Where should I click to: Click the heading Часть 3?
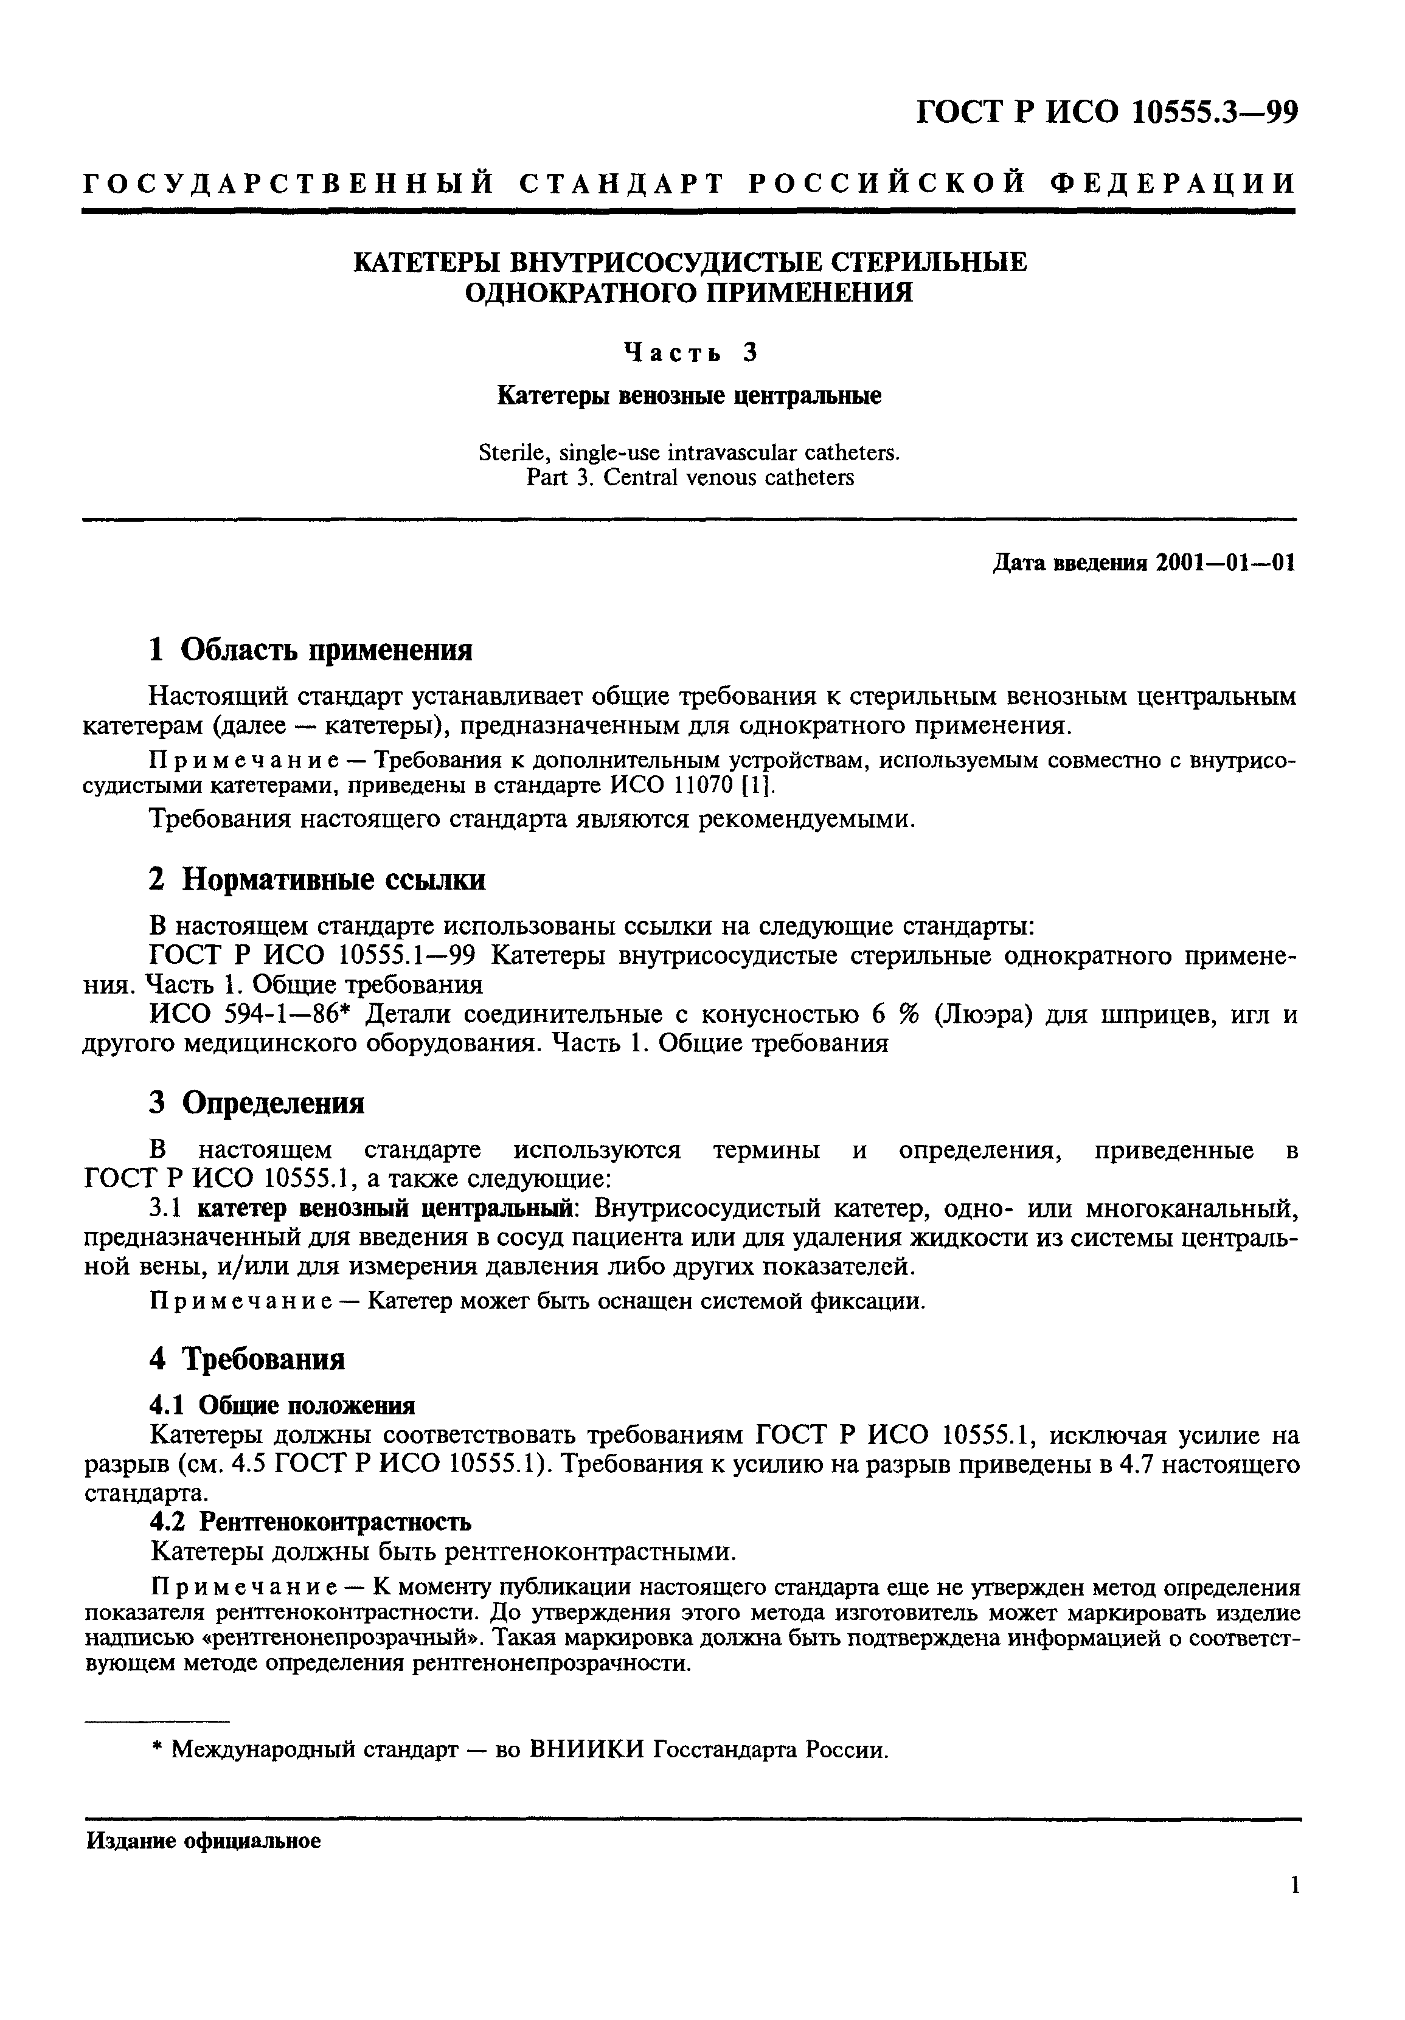pos(689,352)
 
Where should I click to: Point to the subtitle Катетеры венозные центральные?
pos(689,396)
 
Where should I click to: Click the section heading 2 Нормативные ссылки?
pos(317,880)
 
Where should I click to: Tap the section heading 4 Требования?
pos(246,1359)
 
